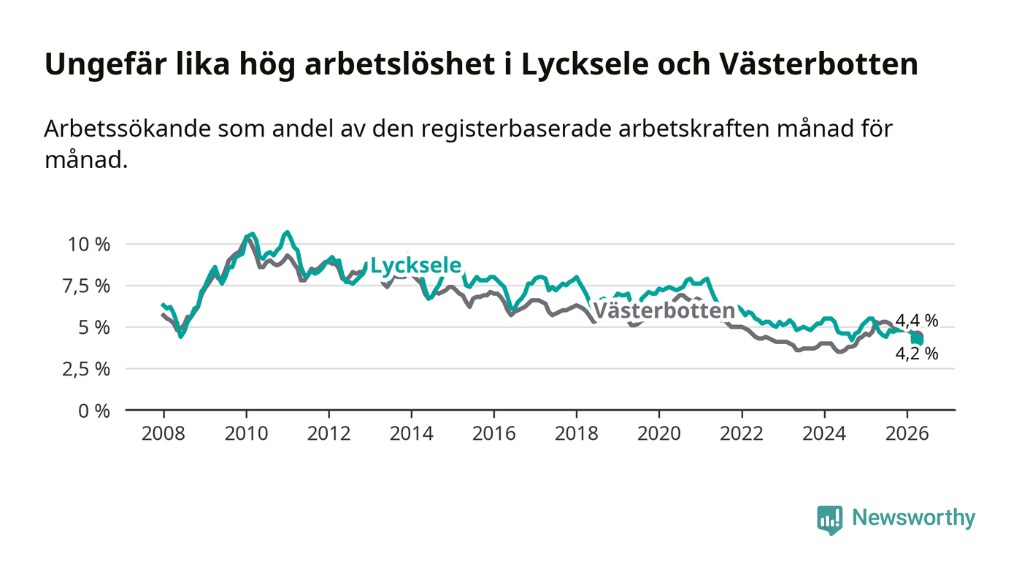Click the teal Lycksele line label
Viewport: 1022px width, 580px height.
(x=415, y=265)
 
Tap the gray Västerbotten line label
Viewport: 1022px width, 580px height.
(x=664, y=310)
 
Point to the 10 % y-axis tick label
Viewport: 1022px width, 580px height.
(x=89, y=244)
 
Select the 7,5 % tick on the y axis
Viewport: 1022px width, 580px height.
(x=86, y=286)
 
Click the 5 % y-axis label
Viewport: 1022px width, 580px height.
(x=94, y=327)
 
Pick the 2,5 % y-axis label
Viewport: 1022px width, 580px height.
(x=86, y=369)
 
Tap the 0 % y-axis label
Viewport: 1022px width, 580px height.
(x=94, y=411)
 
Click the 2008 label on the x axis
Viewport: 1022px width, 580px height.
(x=164, y=433)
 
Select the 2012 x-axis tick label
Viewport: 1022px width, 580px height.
(x=329, y=433)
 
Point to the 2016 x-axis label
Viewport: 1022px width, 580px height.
(x=494, y=433)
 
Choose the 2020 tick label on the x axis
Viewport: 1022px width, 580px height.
(x=659, y=433)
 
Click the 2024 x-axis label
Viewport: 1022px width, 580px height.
(x=824, y=433)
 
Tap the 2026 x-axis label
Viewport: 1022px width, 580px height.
(x=907, y=433)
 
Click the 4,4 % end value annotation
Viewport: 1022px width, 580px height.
(x=917, y=321)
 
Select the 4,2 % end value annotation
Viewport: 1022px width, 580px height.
(x=917, y=354)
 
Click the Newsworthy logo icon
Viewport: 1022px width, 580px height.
(x=830, y=520)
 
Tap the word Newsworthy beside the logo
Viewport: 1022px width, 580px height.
(x=914, y=518)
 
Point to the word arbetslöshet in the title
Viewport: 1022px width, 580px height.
(x=400, y=64)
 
